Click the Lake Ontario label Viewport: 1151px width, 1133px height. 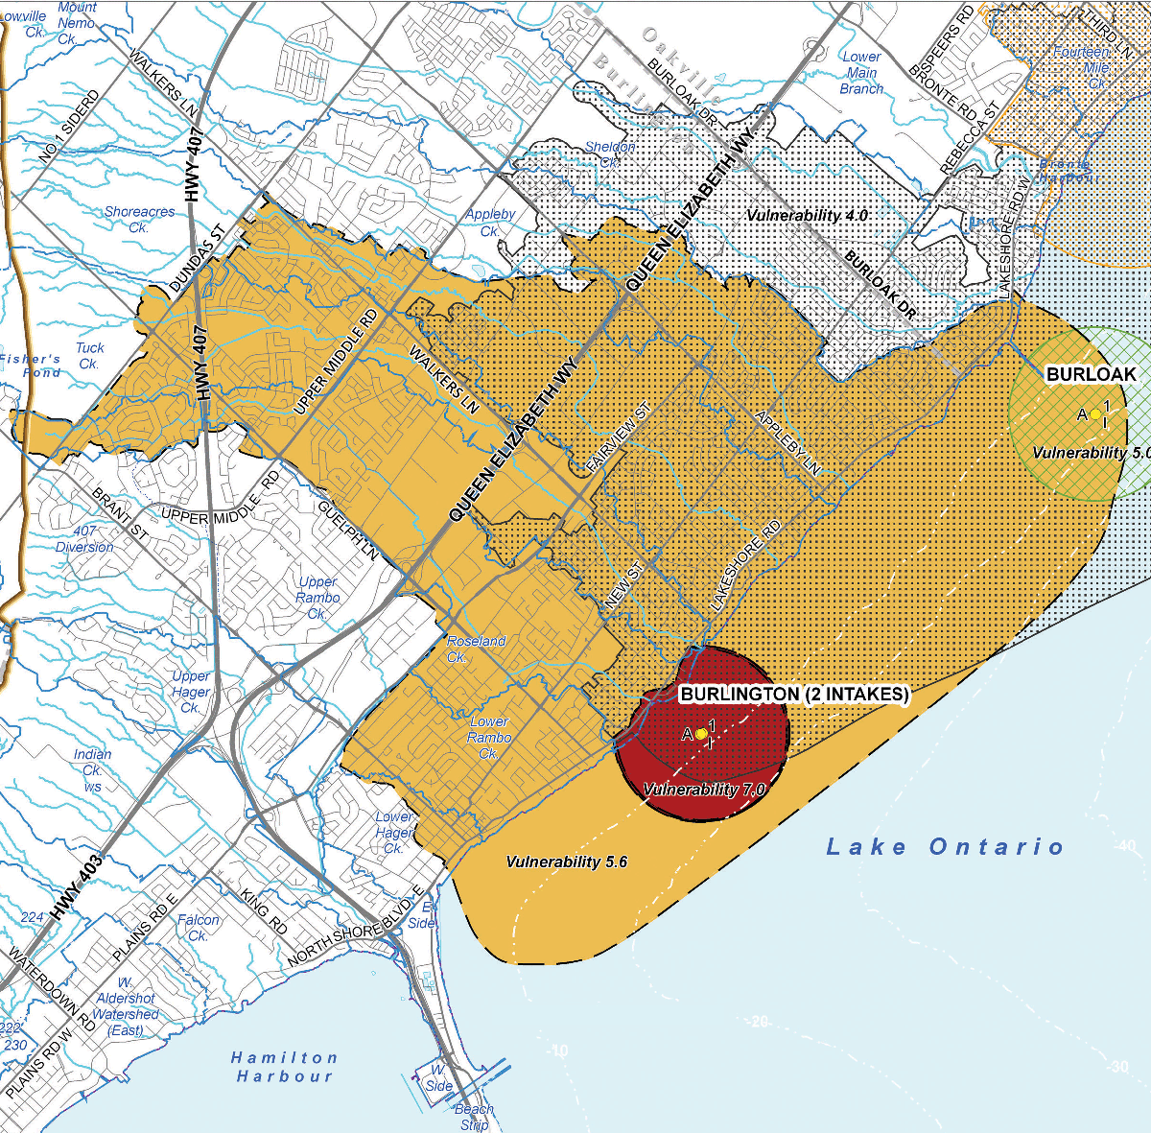pyautogui.click(x=945, y=847)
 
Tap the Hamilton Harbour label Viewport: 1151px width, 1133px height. pyautogui.click(x=285, y=1067)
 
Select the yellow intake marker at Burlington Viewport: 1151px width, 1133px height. pyautogui.click(x=701, y=734)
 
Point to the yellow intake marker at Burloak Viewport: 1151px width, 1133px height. pyautogui.click(x=1095, y=414)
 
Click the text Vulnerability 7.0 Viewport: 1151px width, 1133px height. pyautogui.click(x=704, y=790)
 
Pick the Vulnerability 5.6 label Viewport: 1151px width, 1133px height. pyautogui.click(x=566, y=862)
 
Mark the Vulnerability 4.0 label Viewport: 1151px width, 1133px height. pyautogui.click(x=807, y=216)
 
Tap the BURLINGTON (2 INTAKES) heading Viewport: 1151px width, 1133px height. pyautogui.click(x=793, y=694)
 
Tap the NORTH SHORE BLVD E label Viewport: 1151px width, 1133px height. pyautogui.click(x=355, y=927)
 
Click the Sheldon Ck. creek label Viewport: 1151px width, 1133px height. pyautogui.click(x=610, y=154)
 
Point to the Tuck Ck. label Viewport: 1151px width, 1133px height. pyautogui.click(x=89, y=356)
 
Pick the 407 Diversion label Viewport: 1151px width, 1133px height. pyautogui.click(x=84, y=538)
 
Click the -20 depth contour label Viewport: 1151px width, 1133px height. pyautogui.click(x=759, y=1022)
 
